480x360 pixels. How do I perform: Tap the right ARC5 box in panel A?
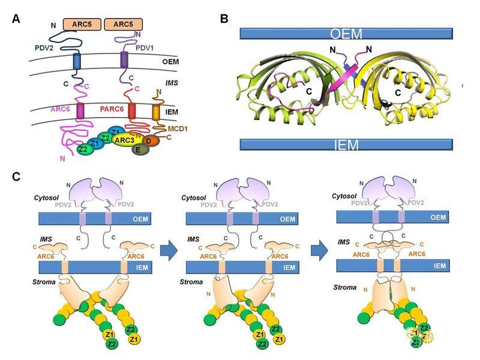point(123,24)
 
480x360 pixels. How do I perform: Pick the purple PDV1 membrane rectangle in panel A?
point(124,60)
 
